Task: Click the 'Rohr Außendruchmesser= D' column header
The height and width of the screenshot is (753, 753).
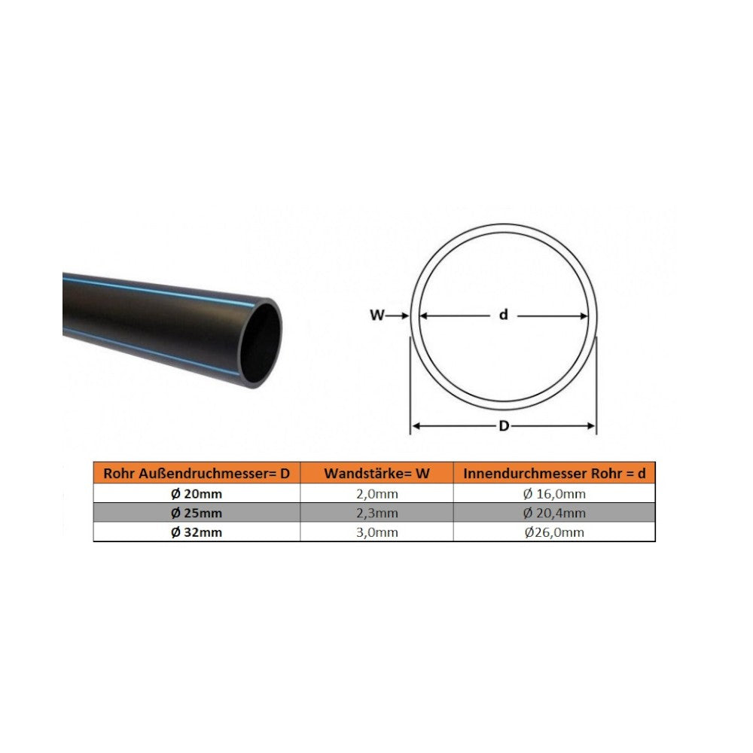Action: click(197, 474)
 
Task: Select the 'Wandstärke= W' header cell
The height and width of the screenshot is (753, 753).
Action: click(376, 474)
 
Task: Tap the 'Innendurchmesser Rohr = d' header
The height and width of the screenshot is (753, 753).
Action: click(554, 474)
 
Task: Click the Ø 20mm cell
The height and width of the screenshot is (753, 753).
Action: click(197, 494)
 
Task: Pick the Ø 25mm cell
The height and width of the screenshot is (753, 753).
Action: click(197, 513)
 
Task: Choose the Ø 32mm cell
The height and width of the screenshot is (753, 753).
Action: click(197, 532)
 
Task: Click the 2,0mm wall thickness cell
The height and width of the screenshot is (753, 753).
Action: click(376, 494)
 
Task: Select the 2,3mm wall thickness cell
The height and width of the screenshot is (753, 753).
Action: click(376, 513)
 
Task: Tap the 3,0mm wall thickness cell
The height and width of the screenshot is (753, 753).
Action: click(376, 532)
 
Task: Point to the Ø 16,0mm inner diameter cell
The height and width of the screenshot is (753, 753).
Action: click(554, 494)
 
